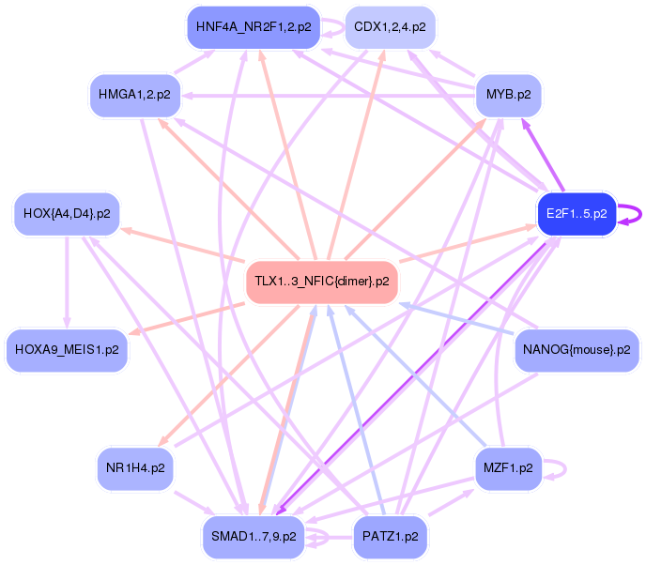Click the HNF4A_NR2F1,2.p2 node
click(254, 27)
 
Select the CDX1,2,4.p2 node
click(390, 27)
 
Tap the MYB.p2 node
click(508, 95)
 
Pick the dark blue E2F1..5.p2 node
click(576, 214)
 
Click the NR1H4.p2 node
click(135, 467)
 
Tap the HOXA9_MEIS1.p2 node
click(67, 350)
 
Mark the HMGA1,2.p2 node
click(135, 95)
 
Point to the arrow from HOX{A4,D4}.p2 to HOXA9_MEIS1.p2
click(67, 282)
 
